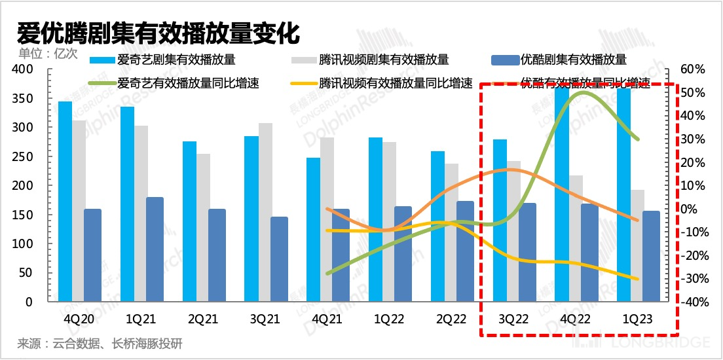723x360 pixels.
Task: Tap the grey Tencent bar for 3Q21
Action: (x=265, y=212)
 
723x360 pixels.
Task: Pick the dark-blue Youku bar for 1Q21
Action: (x=155, y=249)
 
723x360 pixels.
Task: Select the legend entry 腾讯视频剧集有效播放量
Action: (x=383, y=60)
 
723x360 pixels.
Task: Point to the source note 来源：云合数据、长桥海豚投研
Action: (x=99, y=344)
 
